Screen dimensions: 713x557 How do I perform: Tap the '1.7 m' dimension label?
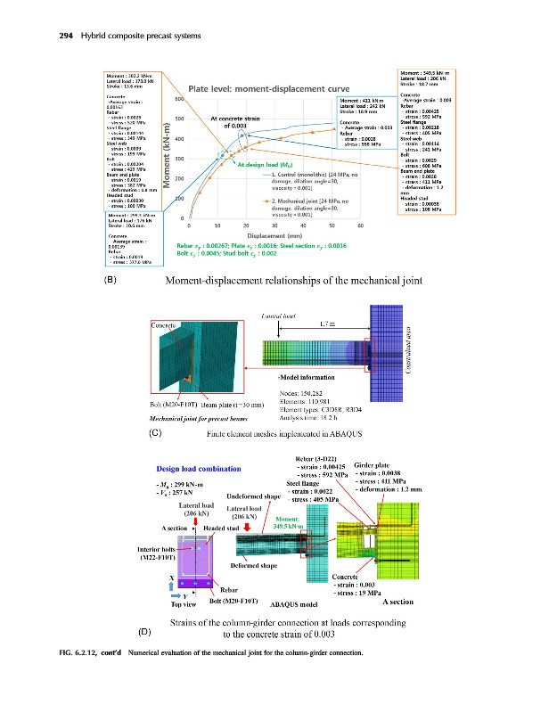[327, 326]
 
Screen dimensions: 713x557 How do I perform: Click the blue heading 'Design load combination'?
[198, 468]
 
